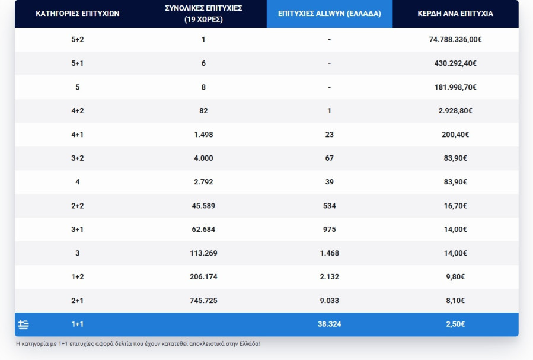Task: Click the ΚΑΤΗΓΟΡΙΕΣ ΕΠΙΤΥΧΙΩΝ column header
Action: tap(77, 13)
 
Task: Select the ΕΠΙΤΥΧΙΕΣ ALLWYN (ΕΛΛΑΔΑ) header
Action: tap(329, 13)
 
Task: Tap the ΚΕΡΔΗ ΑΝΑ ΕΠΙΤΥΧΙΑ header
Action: tap(455, 13)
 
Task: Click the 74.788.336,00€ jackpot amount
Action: tap(455, 40)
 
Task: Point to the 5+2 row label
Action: tap(77, 40)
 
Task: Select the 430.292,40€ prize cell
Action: tap(455, 63)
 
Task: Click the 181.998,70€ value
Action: tap(455, 87)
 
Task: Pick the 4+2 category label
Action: tap(77, 111)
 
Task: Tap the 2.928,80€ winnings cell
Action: tap(455, 111)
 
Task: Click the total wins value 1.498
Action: tap(203, 135)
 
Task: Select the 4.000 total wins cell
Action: tap(203, 158)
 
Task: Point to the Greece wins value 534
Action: tap(329, 206)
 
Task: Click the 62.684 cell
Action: tap(203, 230)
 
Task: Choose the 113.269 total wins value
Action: tap(203, 253)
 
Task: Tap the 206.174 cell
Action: tap(203, 277)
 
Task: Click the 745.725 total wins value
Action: tap(203, 301)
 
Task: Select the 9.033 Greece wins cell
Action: tap(329, 301)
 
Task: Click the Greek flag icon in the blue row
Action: tap(24, 324)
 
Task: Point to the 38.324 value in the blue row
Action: tap(329, 324)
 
